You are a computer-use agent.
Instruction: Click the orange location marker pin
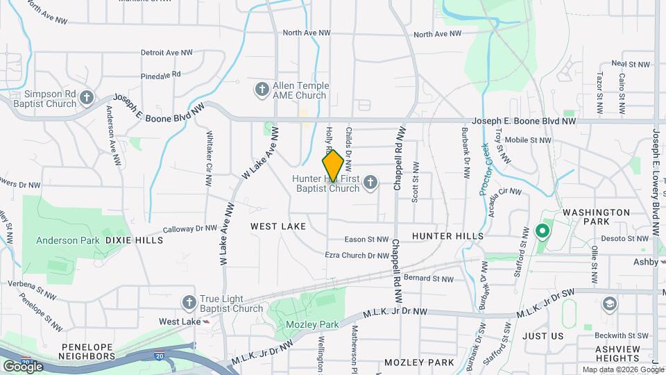[x=333, y=165]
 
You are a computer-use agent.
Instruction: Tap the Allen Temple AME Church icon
[x=262, y=90]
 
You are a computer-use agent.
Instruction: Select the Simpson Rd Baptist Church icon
[x=86, y=98]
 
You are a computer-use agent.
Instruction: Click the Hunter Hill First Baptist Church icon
[x=370, y=183]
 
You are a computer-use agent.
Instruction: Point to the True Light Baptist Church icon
[x=189, y=303]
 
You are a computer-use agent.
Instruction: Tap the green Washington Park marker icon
[x=543, y=230]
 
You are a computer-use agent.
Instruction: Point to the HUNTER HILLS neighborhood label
[x=447, y=236]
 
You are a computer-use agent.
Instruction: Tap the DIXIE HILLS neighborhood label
[x=135, y=240]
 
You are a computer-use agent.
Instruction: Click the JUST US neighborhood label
[x=543, y=336]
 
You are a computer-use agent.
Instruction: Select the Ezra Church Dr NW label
[x=357, y=256]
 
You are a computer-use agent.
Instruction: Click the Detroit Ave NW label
[x=166, y=52]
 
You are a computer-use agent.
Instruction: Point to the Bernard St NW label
[x=428, y=279]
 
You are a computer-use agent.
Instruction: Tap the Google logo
[x=23, y=366]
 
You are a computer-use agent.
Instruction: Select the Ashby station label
[x=645, y=262]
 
